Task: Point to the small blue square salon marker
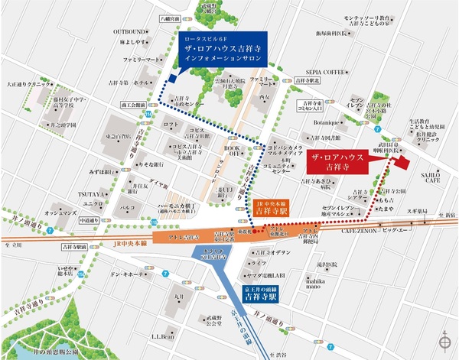point(173,78)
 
